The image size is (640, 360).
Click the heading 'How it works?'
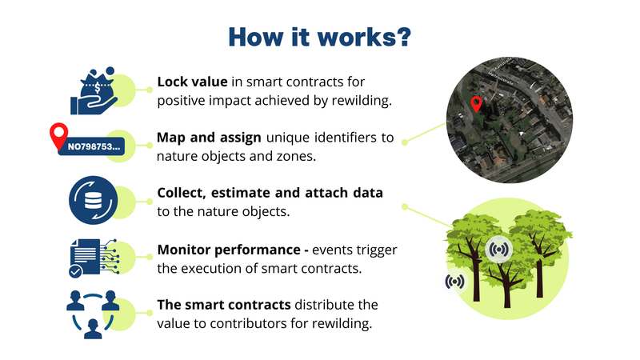[319, 36]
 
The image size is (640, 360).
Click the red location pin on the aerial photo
[476, 104]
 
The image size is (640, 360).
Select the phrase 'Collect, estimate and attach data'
[270, 194]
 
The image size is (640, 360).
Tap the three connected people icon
[94, 314]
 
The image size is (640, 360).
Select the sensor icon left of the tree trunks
[454, 281]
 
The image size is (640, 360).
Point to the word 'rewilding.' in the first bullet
[358, 101]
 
